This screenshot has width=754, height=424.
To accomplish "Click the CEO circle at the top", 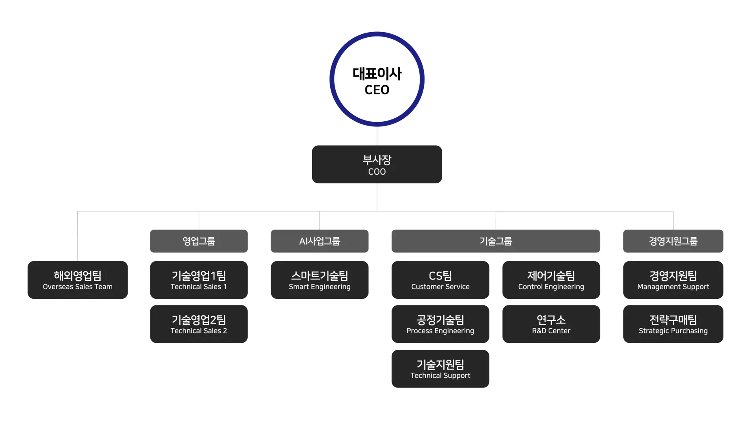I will click(377, 79).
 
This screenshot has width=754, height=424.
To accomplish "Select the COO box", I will click(377, 164).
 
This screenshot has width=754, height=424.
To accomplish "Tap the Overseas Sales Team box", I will click(78, 280).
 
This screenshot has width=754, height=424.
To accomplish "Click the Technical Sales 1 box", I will click(199, 280).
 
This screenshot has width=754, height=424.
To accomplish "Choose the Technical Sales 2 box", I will click(199, 324).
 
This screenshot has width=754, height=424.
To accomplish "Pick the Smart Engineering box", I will click(320, 280).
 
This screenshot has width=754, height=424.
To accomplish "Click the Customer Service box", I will click(440, 280).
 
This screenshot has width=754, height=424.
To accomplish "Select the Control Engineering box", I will click(551, 280).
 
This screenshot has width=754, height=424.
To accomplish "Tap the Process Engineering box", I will click(440, 324).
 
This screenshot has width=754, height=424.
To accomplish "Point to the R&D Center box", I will click(551, 324).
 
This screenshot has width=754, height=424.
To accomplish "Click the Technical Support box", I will click(440, 369).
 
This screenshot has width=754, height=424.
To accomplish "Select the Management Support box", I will click(673, 280).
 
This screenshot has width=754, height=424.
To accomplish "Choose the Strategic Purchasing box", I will click(673, 324).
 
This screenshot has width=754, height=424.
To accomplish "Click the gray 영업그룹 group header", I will click(199, 241).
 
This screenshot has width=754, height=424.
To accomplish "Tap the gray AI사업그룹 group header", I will click(320, 241).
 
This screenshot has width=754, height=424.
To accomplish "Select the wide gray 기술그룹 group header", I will click(496, 241).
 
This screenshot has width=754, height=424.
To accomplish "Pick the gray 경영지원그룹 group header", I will click(673, 241).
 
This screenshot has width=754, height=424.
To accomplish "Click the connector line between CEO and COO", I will click(377, 136).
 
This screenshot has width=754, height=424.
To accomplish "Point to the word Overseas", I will click(58, 287).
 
